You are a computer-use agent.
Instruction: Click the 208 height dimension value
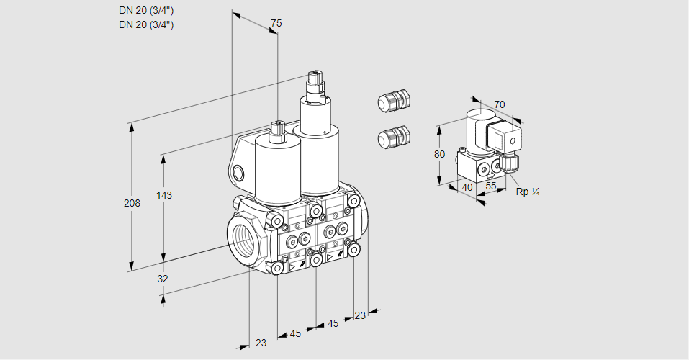132,203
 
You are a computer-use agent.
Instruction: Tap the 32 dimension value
162,279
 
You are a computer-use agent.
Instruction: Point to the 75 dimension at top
276,24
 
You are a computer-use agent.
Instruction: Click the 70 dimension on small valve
500,104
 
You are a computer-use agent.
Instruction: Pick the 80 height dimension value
440,154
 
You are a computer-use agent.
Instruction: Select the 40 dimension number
467,187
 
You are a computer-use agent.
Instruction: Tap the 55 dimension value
492,186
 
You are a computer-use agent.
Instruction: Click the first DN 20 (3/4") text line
146,11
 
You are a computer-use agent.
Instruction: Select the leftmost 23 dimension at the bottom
261,343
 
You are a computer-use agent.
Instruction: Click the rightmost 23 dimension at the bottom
360,315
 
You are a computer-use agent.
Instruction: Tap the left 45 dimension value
295,333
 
